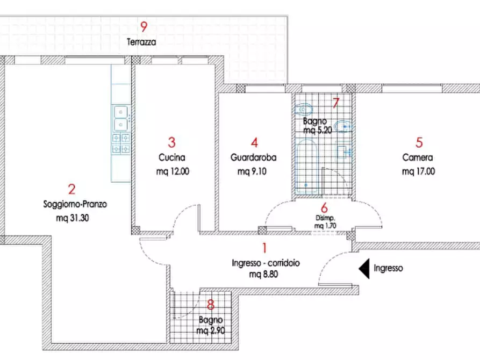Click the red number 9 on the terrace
click(144, 27)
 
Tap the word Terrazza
click(141, 42)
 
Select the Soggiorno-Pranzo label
click(75, 204)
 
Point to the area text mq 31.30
click(73, 218)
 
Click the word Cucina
click(171, 157)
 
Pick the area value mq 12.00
click(173, 171)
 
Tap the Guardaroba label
click(254, 157)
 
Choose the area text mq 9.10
click(252, 171)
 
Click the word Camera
click(418, 157)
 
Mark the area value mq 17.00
click(419, 171)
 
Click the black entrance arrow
click(364, 269)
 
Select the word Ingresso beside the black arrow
click(388, 269)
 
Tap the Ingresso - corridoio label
click(266, 263)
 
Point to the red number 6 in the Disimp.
click(324, 208)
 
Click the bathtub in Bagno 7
click(306, 166)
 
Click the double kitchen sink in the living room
click(121, 118)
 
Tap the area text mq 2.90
click(211, 330)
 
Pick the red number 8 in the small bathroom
click(211, 305)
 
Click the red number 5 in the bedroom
click(419, 142)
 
